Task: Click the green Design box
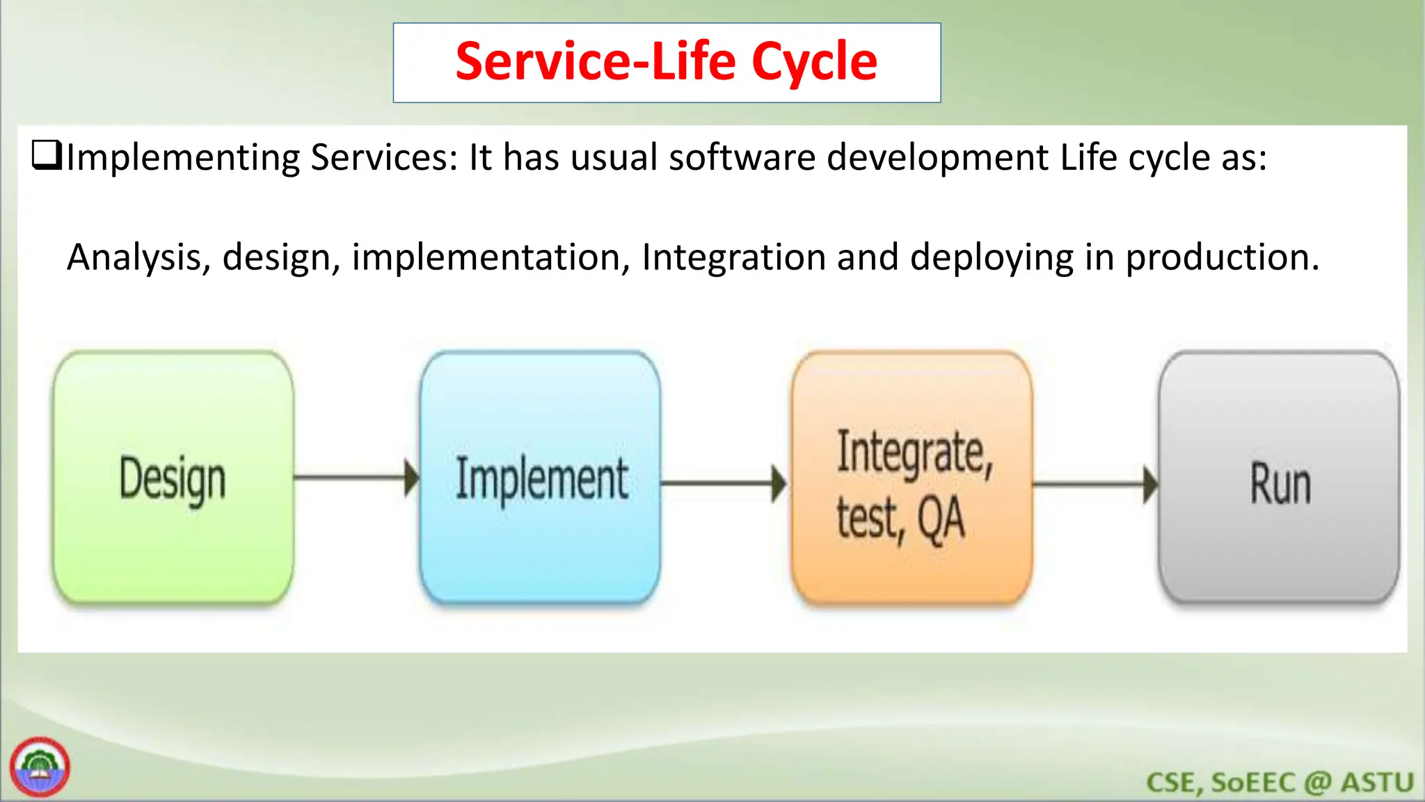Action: pos(173,478)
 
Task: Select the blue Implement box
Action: pos(541,478)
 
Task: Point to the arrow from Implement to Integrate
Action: pos(724,482)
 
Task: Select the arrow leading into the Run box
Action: pos(1095,485)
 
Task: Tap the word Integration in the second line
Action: pos(733,258)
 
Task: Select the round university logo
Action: pos(40,766)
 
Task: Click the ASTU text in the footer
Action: pos(1377,783)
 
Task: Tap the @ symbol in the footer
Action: pos(1317,783)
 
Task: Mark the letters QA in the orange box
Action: pos(941,519)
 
